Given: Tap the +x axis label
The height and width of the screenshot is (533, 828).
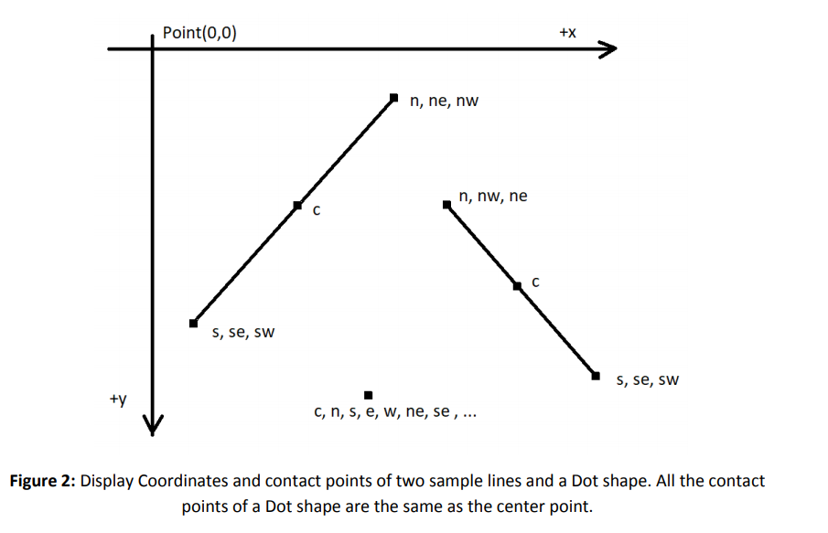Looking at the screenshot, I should pyautogui.click(x=567, y=33).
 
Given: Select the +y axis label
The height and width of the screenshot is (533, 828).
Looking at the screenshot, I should pyautogui.click(x=118, y=400).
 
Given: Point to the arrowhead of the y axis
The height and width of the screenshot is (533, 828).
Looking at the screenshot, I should pyautogui.click(x=153, y=426).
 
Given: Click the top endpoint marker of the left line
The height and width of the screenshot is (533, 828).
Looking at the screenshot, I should pyautogui.click(x=394, y=97).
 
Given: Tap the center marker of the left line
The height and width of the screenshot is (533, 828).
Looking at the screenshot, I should pyautogui.click(x=296, y=206).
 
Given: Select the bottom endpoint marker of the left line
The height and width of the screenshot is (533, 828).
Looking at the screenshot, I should pyautogui.click(x=193, y=323).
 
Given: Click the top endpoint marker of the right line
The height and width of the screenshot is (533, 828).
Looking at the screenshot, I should pyautogui.click(x=446, y=205).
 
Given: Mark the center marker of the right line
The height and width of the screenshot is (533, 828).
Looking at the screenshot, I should pyautogui.click(x=517, y=286).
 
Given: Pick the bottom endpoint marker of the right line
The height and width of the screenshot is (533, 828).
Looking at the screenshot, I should pyautogui.click(x=596, y=375).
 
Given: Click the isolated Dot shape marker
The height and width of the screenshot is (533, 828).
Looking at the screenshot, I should pyautogui.click(x=368, y=395).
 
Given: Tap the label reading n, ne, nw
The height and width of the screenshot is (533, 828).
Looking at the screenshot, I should pyautogui.click(x=444, y=101).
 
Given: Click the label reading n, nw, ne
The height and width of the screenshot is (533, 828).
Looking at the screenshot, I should pyautogui.click(x=493, y=196).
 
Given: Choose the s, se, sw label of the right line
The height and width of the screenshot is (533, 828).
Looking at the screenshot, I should pyautogui.click(x=648, y=379).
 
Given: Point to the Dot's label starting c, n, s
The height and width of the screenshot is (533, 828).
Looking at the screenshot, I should pyautogui.click(x=394, y=413).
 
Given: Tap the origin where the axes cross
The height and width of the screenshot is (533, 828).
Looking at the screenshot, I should pyautogui.click(x=153, y=48).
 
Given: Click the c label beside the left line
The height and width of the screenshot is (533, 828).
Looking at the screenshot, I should pyautogui.click(x=317, y=212).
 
